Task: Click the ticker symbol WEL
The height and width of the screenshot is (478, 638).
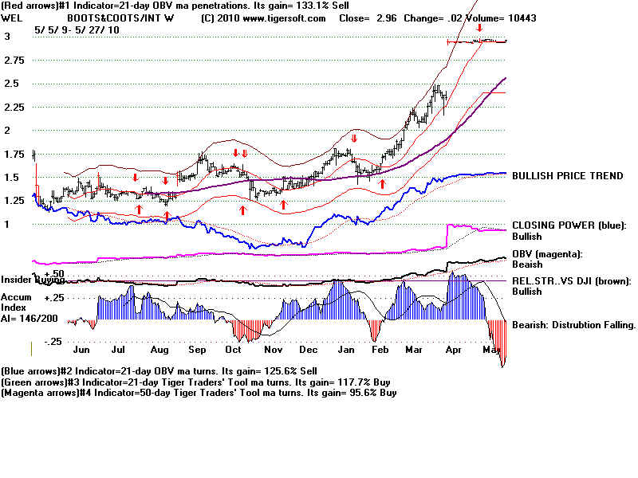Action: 11,18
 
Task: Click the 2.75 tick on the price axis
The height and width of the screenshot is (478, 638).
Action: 15,61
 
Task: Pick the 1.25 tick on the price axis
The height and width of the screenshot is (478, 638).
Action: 15,202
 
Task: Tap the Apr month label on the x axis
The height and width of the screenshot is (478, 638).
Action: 454,350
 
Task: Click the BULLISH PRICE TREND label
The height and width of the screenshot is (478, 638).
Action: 567,176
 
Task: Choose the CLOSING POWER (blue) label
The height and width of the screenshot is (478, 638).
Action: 569,225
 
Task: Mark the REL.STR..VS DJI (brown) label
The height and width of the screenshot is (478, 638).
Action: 570,280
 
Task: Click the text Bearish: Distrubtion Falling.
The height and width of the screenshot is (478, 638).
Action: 573,325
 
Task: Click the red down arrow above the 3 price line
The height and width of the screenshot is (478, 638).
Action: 478,29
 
